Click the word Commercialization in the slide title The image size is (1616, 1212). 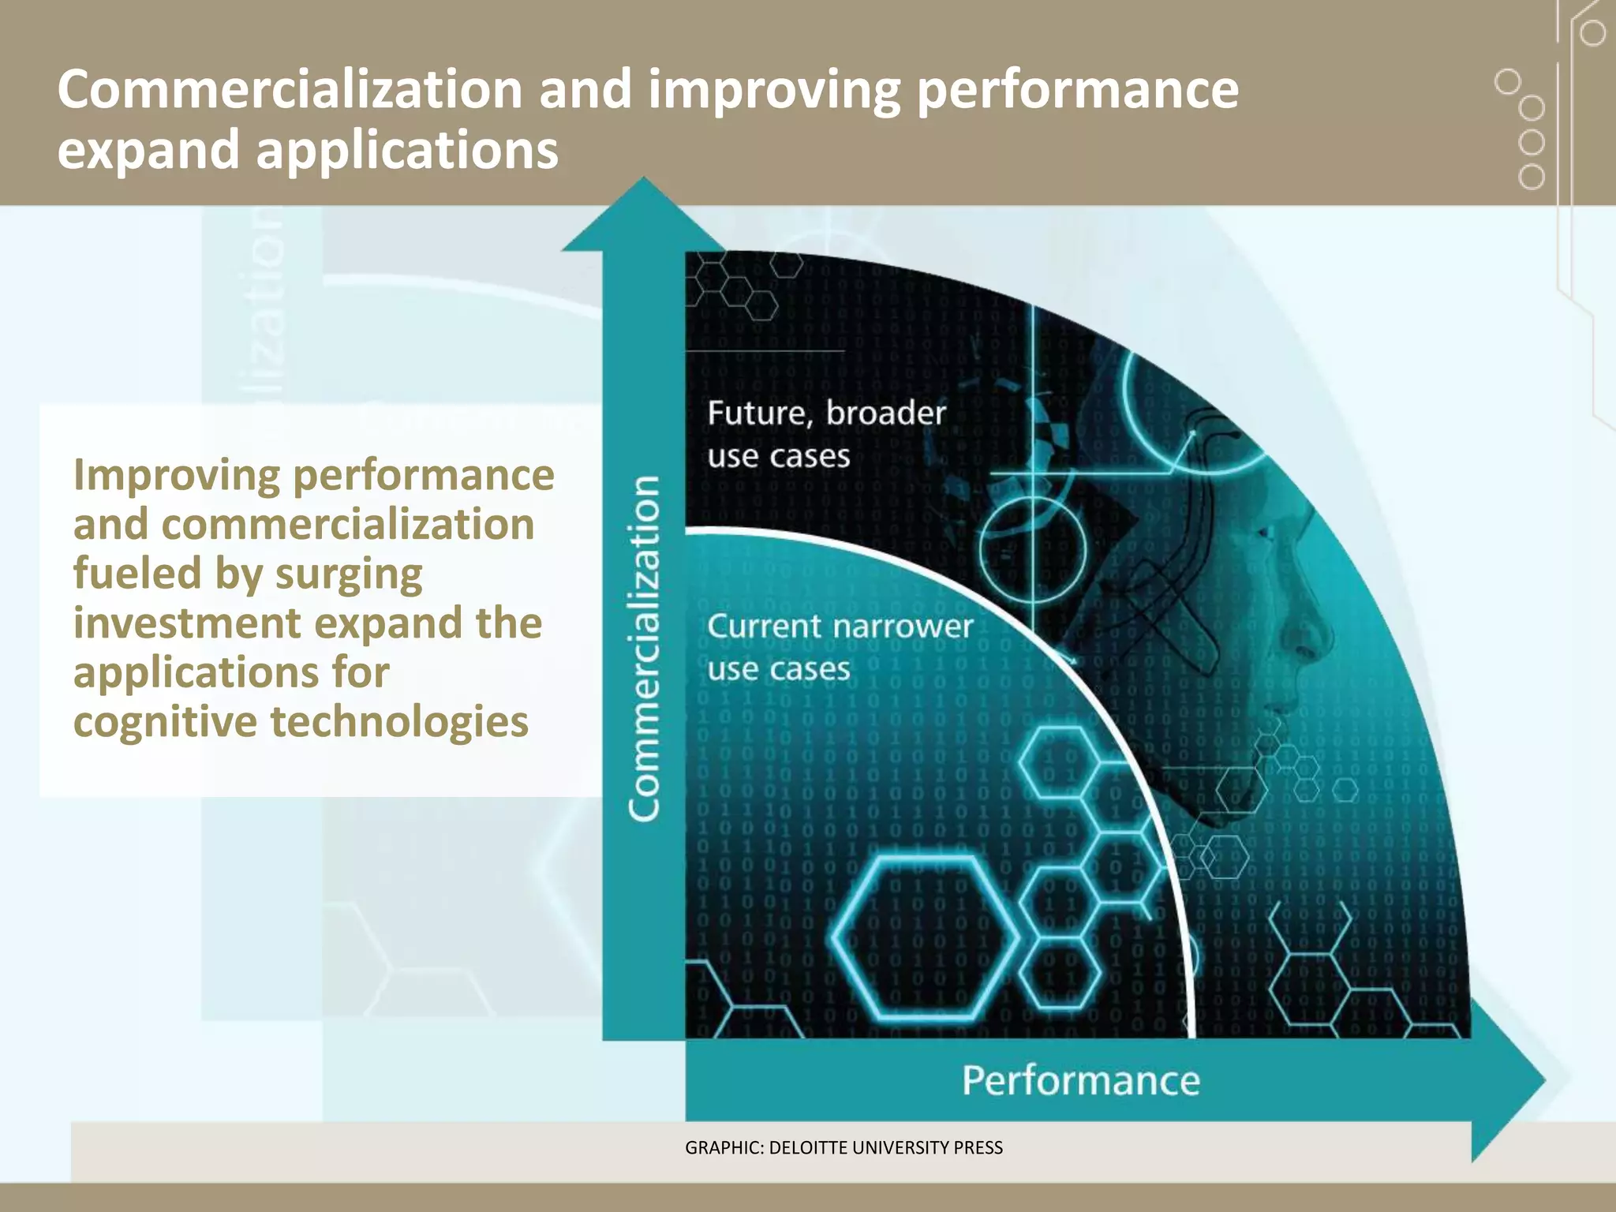click(290, 88)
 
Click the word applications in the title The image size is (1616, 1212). click(407, 150)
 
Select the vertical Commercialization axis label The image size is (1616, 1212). click(644, 649)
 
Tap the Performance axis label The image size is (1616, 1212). click(1080, 1080)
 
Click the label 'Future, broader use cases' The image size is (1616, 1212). click(825, 434)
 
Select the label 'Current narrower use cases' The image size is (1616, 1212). click(840, 647)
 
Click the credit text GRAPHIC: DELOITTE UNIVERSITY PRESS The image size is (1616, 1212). click(844, 1148)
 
